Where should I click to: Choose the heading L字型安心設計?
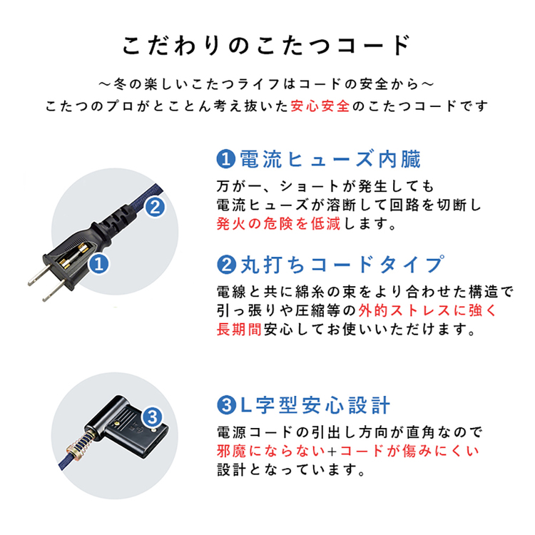314,405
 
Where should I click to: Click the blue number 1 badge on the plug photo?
100,265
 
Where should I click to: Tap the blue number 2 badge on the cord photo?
156,208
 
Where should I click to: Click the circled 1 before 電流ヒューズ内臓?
225,158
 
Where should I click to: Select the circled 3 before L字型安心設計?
225,405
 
